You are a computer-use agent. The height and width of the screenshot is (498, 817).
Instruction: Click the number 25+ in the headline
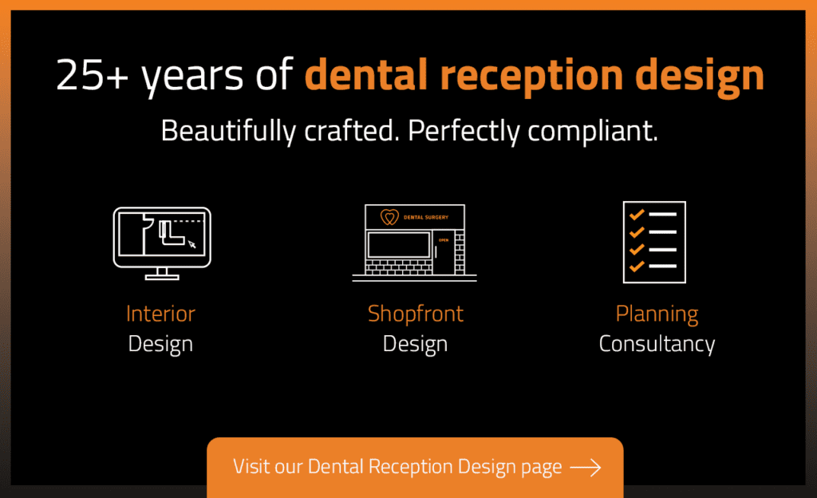point(93,74)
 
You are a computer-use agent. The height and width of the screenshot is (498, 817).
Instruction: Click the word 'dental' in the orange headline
point(366,74)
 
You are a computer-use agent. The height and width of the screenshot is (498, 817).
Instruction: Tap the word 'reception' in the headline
point(531,77)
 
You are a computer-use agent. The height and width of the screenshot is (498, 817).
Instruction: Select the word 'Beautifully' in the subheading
point(228,131)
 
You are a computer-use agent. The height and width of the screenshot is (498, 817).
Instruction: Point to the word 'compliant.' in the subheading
point(593,131)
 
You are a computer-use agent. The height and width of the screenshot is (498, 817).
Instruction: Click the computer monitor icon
point(162,243)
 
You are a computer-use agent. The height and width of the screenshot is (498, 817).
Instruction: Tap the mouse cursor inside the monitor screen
point(191,243)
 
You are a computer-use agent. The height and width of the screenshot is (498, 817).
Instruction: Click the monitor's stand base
point(162,277)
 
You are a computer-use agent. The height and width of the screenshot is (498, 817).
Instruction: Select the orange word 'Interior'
point(160,314)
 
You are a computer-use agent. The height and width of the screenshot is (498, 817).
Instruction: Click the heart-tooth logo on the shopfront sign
point(389,217)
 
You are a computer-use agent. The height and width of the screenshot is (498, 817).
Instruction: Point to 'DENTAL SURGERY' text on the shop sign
point(426,217)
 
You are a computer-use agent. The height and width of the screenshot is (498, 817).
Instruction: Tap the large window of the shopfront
point(399,245)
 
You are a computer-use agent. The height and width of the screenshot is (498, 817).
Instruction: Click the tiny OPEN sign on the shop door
point(444,240)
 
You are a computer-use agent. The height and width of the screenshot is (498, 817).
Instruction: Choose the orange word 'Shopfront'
point(415,314)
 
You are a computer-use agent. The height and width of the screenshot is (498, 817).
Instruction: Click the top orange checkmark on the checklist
point(637,214)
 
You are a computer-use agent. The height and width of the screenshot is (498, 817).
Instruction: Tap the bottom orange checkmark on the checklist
point(637,267)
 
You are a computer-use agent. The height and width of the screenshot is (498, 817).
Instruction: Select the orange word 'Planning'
point(657,314)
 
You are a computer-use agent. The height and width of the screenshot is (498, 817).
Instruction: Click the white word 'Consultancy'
point(657,344)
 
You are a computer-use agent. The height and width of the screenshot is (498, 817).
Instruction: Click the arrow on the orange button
point(586,467)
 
